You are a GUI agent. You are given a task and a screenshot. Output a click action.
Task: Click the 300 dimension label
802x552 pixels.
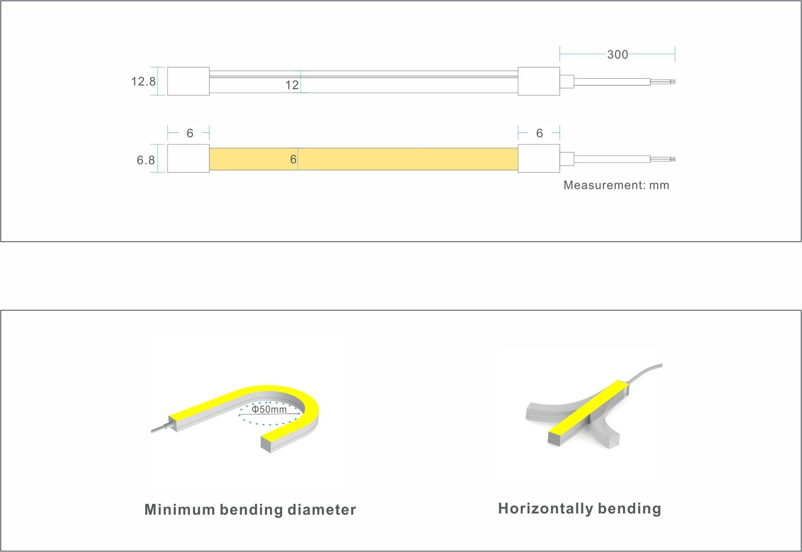(617, 55)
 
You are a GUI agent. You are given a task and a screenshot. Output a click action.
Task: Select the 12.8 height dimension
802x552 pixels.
(143, 81)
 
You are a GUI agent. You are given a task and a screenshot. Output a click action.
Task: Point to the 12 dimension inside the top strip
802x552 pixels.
(292, 85)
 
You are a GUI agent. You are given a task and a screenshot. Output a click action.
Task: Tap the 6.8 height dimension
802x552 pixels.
(146, 160)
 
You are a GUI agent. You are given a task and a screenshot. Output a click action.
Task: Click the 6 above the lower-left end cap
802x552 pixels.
(190, 133)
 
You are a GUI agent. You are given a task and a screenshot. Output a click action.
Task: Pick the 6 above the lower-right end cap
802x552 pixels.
(539, 133)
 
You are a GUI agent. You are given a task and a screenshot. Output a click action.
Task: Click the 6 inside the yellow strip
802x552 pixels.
(293, 159)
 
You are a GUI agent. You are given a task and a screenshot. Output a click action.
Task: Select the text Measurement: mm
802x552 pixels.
(616, 185)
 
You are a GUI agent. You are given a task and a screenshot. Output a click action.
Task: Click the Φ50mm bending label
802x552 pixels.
(269, 409)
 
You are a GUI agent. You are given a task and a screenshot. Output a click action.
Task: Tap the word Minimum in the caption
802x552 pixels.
(179, 509)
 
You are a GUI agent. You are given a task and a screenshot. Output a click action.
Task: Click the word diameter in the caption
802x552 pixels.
(322, 509)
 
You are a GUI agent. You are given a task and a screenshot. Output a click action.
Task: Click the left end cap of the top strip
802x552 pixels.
(188, 81)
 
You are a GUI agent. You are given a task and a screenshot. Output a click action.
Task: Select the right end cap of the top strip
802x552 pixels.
(539, 81)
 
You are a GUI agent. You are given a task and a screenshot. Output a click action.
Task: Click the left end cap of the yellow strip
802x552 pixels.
(188, 158)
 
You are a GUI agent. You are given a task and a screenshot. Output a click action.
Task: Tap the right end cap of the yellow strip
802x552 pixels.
(539, 158)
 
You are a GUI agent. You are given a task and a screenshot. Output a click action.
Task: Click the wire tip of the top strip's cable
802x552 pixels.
(673, 82)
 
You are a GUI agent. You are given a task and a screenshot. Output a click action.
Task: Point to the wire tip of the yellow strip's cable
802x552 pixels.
(673, 159)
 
